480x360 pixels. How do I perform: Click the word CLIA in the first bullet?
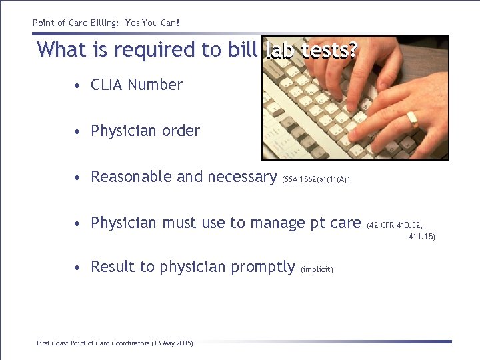pyautogui.click(x=107, y=85)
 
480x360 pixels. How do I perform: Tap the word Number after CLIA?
pyautogui.click(x=155, y=85)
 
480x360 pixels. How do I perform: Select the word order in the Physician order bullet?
pyautogui.click(x=181, y=131)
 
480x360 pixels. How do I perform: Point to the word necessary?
pyautogui.click(x=243, y=177)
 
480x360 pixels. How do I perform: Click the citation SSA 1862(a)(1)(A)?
pyautogui.click(x=317, y=179)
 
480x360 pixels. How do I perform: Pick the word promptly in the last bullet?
pyautogui.click(x=263, y=267)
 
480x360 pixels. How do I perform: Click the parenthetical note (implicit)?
pyautogui.click(x=317, y=269)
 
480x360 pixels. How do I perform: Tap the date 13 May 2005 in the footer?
pyautogui.click(x=172, y=343)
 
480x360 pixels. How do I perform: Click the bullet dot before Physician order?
pyautogui.click(x=79, y=132)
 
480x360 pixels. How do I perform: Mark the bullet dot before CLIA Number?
pyautogui.click(x=79, y=86)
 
